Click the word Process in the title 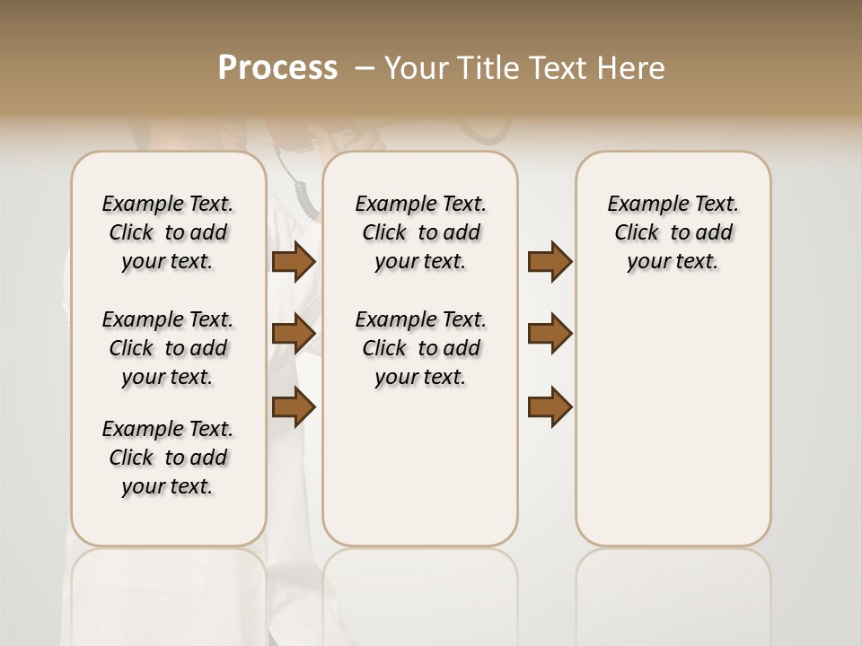point(277,68)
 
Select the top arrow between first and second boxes point(294,261)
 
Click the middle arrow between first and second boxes point(294,334)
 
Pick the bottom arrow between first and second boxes point(294,407)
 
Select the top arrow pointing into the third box point(550,261)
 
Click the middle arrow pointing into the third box point(550,334)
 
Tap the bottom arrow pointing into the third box point(550,407)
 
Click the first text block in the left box point(168,232)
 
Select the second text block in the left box point(168,348)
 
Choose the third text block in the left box point(168,458)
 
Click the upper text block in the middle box point(420,232)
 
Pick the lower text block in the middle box point(420,348)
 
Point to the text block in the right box point(673,232)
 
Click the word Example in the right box point(639,205)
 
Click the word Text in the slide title point(555,68)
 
